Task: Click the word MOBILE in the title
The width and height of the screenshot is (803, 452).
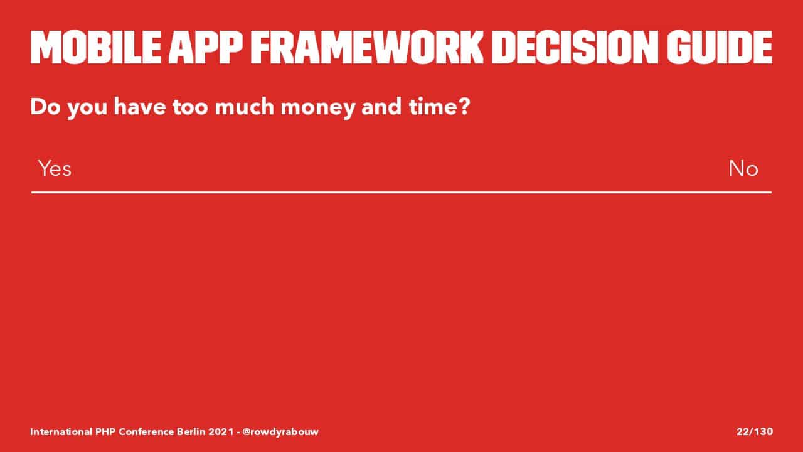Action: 96,47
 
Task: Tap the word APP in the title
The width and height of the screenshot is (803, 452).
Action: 206,47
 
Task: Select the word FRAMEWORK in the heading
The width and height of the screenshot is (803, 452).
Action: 367,47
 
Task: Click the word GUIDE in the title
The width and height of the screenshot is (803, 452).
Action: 720,47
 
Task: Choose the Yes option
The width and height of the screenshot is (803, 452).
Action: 55,168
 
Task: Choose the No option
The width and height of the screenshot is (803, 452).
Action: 743,168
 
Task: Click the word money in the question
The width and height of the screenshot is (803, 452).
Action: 317,107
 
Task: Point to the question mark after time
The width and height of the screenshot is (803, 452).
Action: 464,106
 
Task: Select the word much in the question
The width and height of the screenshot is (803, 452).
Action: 244,106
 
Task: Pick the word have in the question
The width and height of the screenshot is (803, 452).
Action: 140,106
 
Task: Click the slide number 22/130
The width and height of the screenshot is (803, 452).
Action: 755,431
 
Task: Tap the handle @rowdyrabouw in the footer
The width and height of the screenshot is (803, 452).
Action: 280,431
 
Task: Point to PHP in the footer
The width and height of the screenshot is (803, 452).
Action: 105,431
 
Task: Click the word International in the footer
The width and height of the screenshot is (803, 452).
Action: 61,431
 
